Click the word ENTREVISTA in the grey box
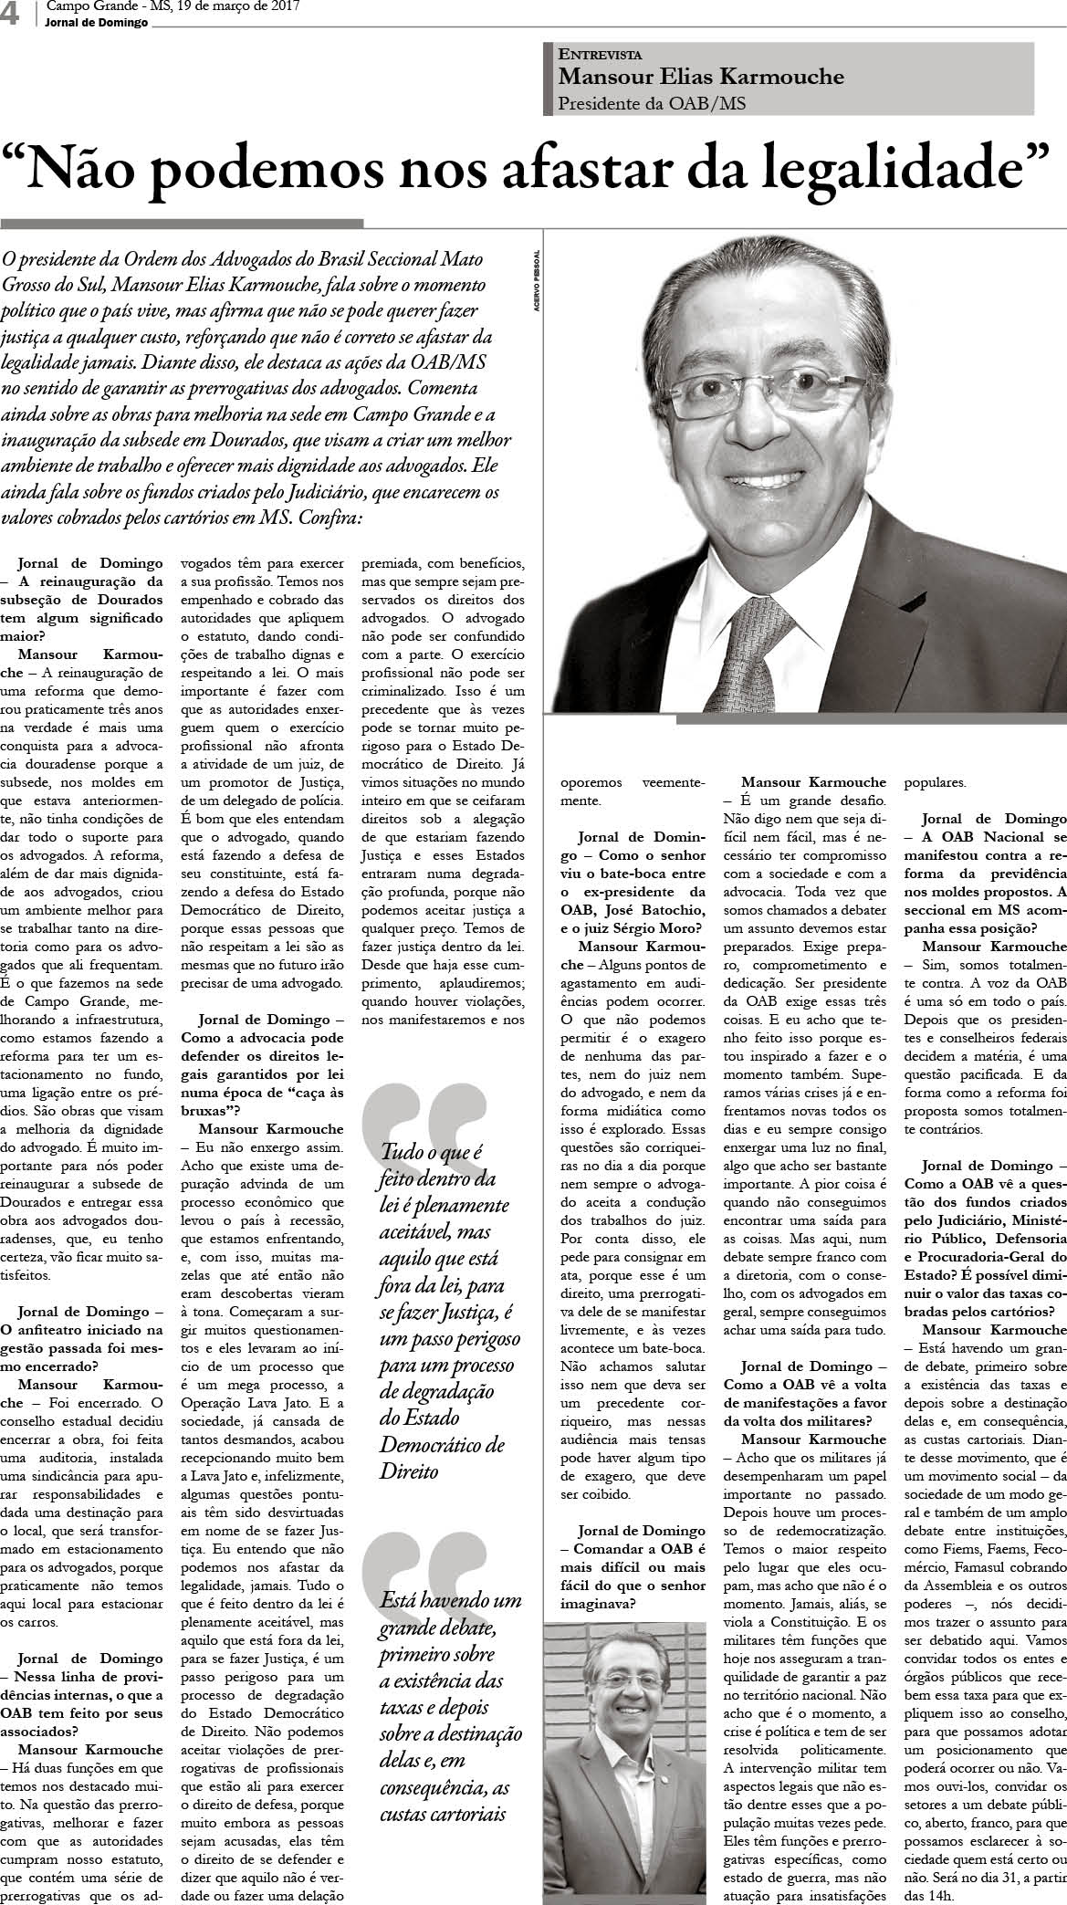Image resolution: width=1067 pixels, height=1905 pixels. (600, 55)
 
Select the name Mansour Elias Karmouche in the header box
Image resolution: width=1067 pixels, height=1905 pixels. (701, 78)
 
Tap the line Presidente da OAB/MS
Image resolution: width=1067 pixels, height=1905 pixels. (652, 103)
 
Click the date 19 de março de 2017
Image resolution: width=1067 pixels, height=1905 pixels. (228, 7)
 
